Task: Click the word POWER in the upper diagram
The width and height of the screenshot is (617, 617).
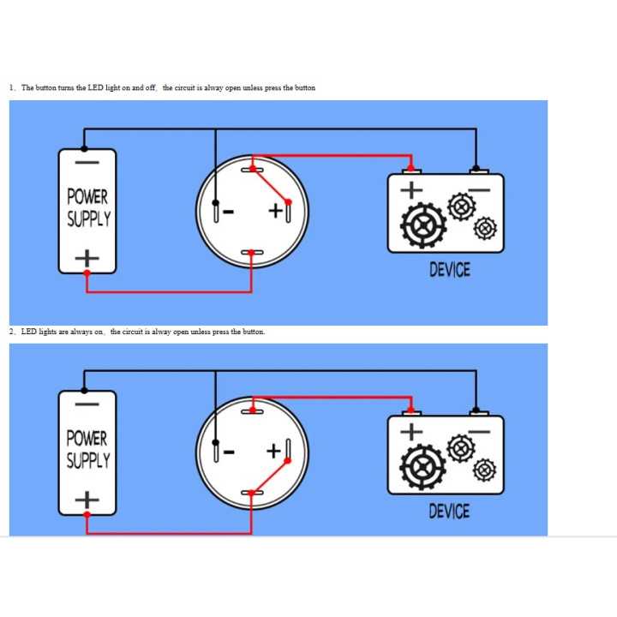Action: click(87, 196)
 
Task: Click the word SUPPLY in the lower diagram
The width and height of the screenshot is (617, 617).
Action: click(88, 460)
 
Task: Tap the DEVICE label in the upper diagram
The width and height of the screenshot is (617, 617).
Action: click(450, 270)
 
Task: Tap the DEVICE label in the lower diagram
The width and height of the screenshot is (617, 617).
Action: click(449, 511)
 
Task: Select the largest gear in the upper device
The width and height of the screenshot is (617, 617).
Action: click(423, 225)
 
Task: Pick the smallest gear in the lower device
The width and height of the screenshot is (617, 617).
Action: click(485, 470)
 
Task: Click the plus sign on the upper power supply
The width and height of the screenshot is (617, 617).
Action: click(87, 259)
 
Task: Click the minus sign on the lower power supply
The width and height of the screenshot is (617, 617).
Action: click(87, 404)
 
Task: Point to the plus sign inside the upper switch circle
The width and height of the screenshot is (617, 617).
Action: click(275, 211)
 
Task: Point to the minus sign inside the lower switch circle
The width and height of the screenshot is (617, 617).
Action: click(229, 452)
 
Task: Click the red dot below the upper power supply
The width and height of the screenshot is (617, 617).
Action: click(87, 273)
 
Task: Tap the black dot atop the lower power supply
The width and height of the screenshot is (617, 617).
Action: click(84, 391)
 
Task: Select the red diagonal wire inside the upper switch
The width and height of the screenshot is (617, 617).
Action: click(270, 186)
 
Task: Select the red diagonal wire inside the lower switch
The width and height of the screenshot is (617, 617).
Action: click(270, 476)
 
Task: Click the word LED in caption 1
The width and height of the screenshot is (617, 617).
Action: click(96, 87)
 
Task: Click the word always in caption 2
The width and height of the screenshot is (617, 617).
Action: click(82, 332)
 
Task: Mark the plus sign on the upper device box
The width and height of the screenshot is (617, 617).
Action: click(411, 190)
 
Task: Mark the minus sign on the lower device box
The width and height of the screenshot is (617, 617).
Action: click(479, 432)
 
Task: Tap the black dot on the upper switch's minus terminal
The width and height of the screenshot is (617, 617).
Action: click(216, 202)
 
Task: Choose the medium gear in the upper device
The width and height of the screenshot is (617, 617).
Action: click(462, 207)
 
